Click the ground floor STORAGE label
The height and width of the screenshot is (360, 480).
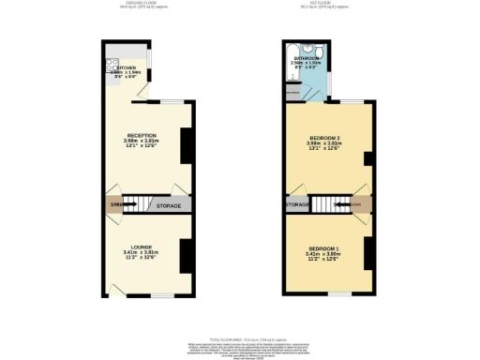pyautogui.click(x=169, y=204)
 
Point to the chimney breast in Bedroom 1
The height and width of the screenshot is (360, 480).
pyautogui.click(x=368, y=254)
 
